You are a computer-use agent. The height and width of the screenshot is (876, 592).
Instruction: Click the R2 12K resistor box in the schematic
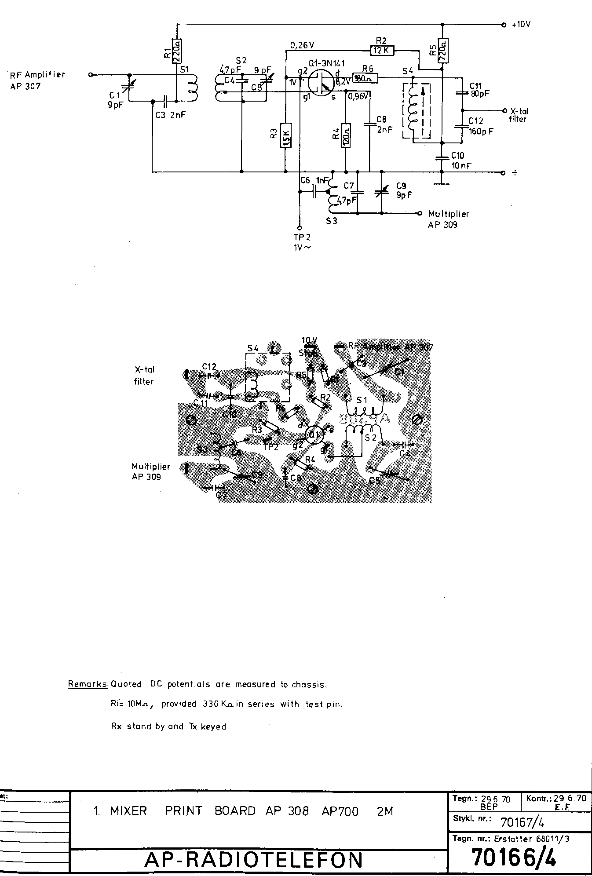click(383, 50)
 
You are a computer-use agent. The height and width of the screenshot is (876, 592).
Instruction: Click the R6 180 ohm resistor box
click(365, 79)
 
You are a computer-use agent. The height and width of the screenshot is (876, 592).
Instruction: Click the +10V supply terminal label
click(521, 25)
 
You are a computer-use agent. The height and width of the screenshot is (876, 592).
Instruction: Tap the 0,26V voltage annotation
click(302, 45)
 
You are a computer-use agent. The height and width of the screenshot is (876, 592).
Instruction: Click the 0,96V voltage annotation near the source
click(358, 96)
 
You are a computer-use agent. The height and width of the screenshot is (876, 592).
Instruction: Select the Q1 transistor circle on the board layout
click(314, 435)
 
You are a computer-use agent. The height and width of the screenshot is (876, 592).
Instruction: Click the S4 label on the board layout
click(253, 348)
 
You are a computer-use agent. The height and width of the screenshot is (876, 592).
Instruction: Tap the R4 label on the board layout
click(310, 460)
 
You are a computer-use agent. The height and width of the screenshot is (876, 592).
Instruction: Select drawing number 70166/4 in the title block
click(513, 857)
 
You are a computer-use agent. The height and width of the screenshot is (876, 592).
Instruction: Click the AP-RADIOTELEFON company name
click(253, 859)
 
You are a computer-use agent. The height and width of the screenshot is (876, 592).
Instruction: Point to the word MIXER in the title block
click(128, 811)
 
